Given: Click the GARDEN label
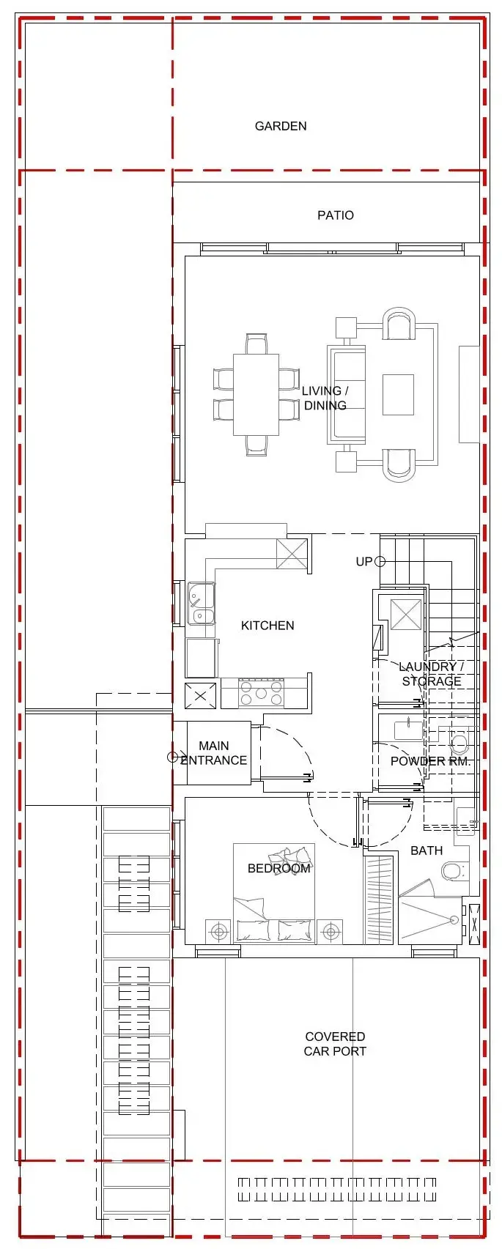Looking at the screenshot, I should point(281,126).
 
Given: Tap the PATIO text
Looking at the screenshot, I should point(335,215).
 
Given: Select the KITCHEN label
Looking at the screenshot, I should point(267,626).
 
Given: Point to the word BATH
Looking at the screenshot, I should point(427,850).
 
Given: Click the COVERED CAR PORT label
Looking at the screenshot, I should point(335,1044).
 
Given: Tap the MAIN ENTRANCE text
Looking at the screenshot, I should point(214,753).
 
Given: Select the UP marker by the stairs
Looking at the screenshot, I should point(364,562).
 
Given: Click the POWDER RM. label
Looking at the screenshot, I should point(430,761).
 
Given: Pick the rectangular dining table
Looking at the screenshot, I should point(256,395).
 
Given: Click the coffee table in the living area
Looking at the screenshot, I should point(398,395).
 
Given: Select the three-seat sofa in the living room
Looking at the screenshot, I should point(347,395).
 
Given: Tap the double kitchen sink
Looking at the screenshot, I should point(201,604).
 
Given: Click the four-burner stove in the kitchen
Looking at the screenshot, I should point(261,693).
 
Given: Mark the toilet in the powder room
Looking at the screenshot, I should point(459,744).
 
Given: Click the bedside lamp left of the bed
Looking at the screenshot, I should point(218,932).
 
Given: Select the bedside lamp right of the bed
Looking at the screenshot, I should point(331,932).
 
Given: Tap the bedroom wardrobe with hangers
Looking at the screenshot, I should point(380,900).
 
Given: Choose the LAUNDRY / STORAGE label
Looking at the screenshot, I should point(431,674).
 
